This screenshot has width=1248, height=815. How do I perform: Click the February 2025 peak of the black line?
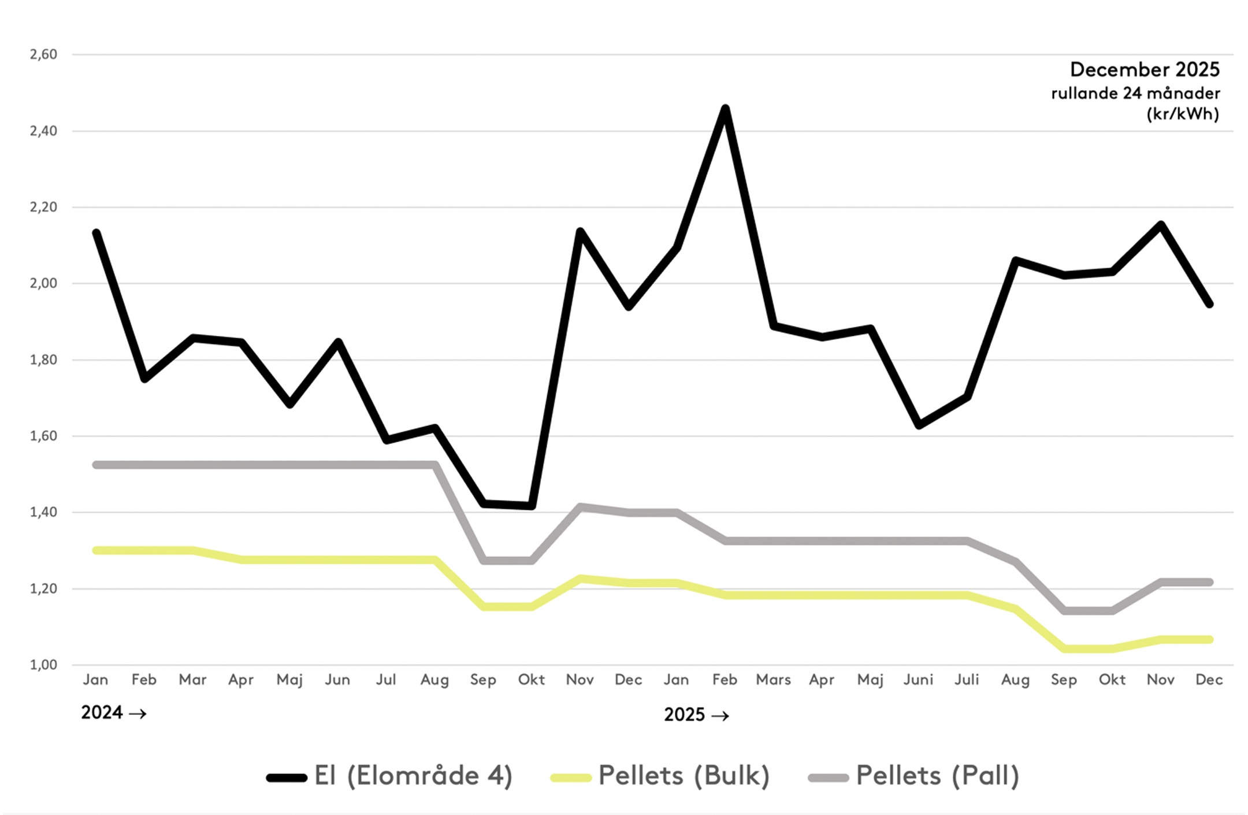[725, 108]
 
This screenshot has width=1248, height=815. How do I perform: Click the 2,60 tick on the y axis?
[43, 54]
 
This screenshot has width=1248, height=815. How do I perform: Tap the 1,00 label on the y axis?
[43, 665]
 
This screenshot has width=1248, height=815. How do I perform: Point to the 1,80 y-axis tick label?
[43, 360]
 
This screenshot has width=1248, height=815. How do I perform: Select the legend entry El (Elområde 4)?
[390, 776]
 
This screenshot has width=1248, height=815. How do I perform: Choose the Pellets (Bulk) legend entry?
[660, 776]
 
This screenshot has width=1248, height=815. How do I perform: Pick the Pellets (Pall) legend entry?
[914, 776]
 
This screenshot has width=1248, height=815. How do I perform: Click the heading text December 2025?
[1145, 69]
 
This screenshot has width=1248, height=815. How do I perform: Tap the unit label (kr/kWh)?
[1183, 114]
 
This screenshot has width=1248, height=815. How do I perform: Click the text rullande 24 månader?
[1135, 93]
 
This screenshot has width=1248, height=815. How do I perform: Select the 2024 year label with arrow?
[113, 713]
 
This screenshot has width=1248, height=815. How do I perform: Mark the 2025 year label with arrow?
[696, 715]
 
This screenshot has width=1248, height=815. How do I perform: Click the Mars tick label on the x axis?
[773, 680]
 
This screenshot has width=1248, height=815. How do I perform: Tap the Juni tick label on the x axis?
[918, 680]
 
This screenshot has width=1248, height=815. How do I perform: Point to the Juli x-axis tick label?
[967, 680]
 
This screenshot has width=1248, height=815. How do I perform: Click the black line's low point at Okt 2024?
[532, 506]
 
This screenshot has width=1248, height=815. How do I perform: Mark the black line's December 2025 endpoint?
[1209, 304]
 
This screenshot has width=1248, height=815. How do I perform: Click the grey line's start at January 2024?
[96, 465]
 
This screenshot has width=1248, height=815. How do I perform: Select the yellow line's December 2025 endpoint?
[1209, 639]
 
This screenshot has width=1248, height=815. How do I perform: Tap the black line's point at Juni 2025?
[919, 425]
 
